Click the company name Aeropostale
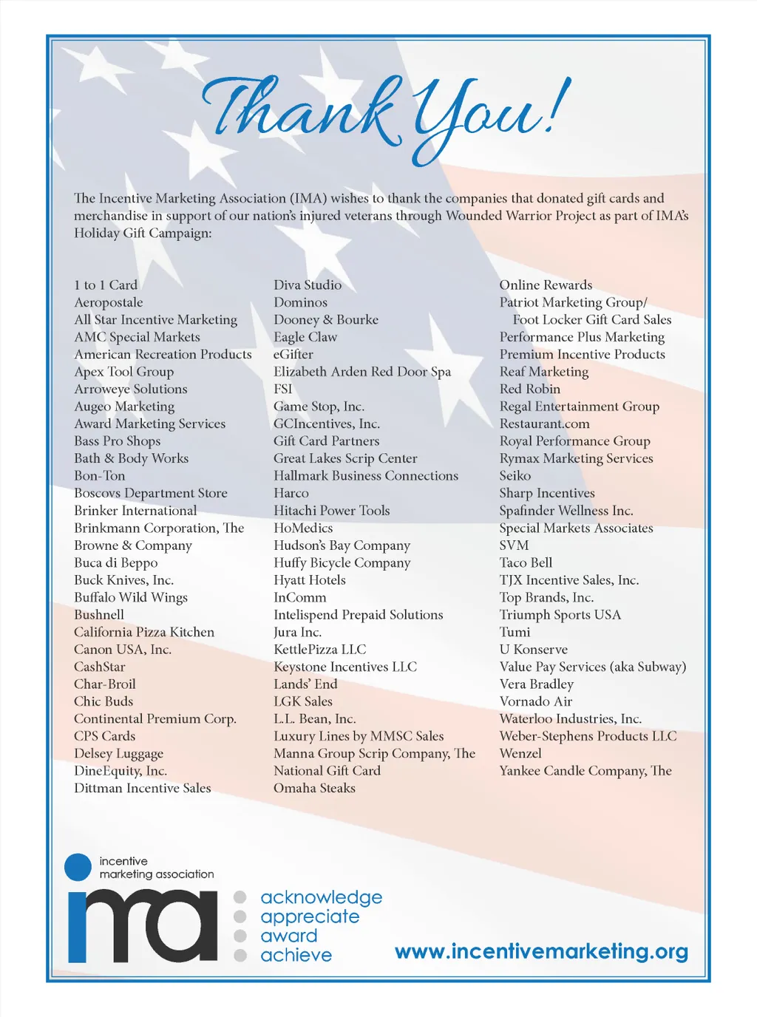click(x=109, y=302)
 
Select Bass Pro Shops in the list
click(x=117, y=441)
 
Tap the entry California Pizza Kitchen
click(x=144, y=632)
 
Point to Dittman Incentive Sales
click(x=143, y=788)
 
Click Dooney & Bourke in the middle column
click(x=326, y=320)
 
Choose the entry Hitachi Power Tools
click(x=331, y=511)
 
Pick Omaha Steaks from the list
click(x=314, y=788)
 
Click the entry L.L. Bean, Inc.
click(x=315, y=718)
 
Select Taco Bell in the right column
click(x=526, y=562)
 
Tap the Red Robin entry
click(x=529, y=389)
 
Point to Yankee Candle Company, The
click(x=585, y=771)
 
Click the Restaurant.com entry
click(x=544, y=424)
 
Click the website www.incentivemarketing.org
click(x=541, y=951)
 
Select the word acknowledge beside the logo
click(x=321, y=897)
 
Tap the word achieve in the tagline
click(x=296, y=955)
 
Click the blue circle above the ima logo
click(x=78, y=867)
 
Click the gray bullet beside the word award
click(x=240, y=936)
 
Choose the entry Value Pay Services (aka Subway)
click(x=593, y=667)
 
